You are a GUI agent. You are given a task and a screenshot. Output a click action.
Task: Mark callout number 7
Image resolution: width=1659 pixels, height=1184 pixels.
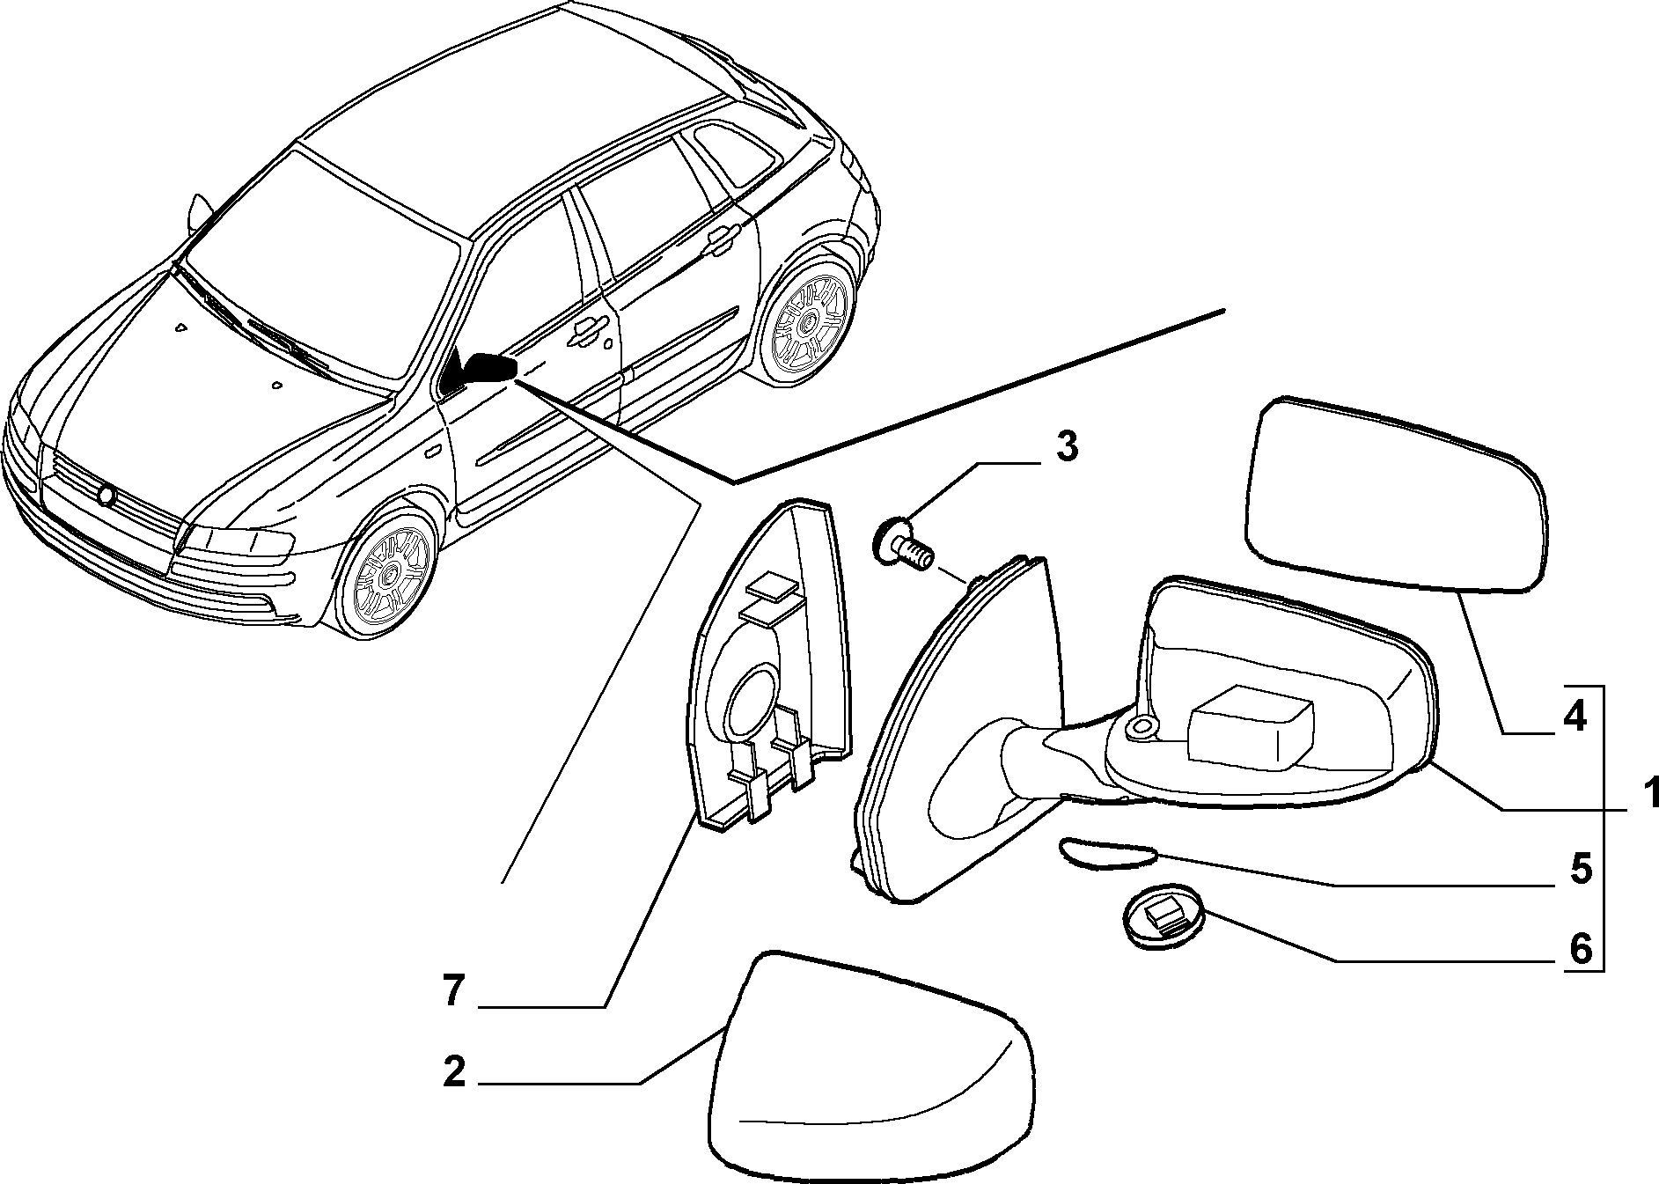click(453, 992)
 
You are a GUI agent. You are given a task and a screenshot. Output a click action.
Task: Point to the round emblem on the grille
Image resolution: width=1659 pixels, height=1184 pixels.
click(107, 496)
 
